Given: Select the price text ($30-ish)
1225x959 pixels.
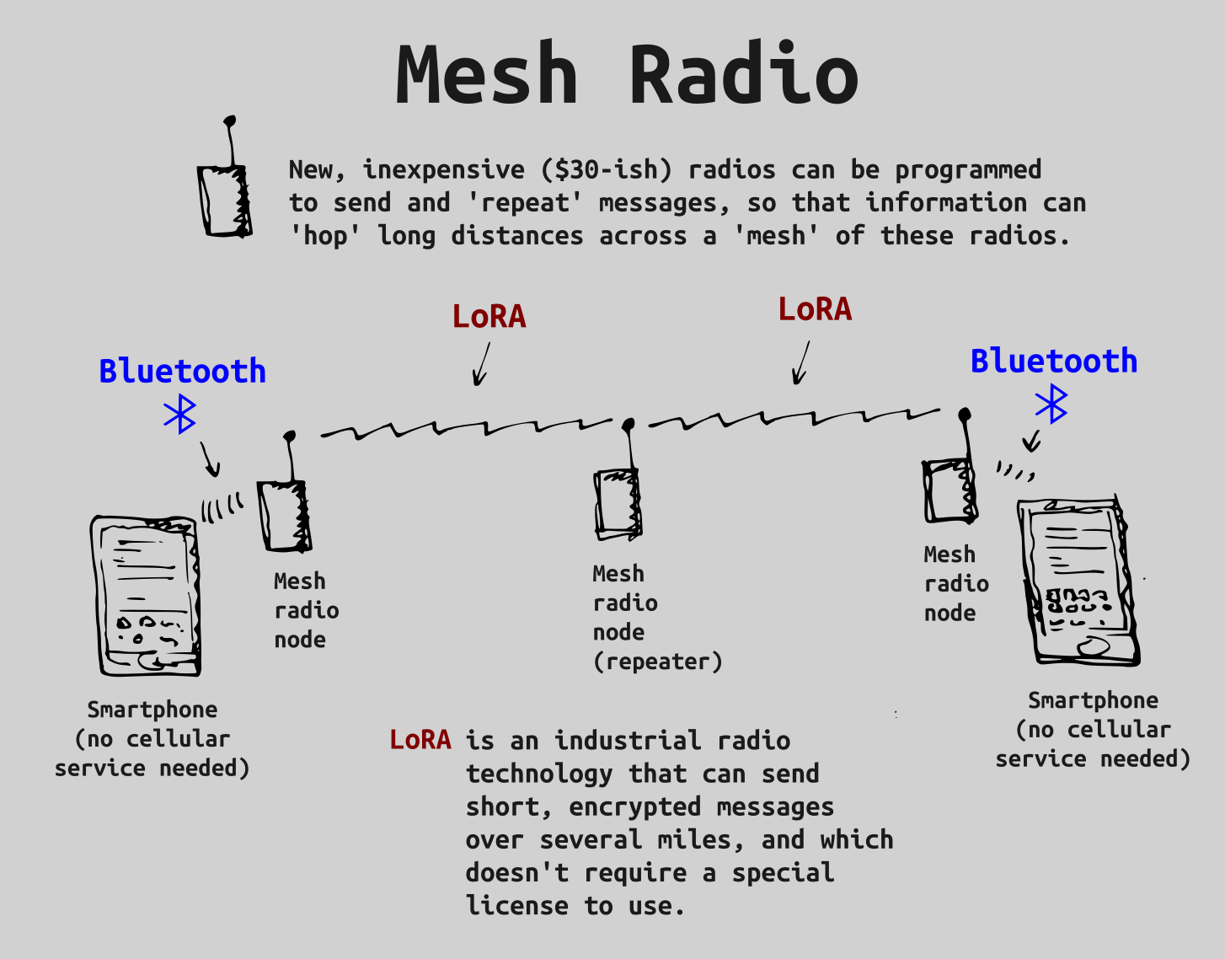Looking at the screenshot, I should coord(607,170).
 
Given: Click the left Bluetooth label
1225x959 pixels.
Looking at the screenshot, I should coord(182,372).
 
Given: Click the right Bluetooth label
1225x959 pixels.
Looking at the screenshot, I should coord(1053,362).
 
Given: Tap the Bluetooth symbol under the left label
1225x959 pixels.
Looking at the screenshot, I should coord(180,415).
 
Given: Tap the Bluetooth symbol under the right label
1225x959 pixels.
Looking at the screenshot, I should coord(1051,404).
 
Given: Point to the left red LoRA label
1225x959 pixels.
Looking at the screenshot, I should coord(489,317).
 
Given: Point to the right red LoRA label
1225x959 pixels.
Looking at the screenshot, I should coord(815,310).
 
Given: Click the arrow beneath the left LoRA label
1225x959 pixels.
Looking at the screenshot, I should coord(481,365).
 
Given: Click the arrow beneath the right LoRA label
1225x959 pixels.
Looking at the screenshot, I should coord(801,363).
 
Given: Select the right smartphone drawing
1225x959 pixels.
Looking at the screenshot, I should coord(1078,581).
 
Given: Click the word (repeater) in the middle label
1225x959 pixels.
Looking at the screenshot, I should coord(657,662).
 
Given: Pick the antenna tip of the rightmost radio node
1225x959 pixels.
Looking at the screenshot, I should coord(965,414).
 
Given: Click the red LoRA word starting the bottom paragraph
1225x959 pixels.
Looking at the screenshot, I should coord(420,741).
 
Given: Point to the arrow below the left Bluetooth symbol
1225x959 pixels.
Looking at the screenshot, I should coord(211,460).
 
